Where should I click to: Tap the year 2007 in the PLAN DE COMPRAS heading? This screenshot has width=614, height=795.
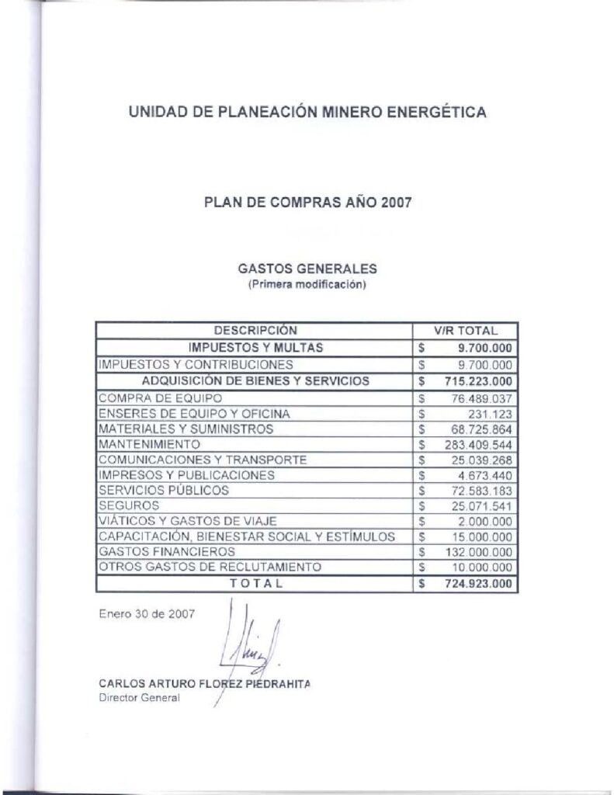click(x=396, y=203)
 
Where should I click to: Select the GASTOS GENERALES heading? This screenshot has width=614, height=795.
click(x=307, y=269)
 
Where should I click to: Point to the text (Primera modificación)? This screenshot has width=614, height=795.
click(x=307, y=284)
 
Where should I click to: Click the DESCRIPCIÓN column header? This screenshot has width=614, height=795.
click(x=255, y=331)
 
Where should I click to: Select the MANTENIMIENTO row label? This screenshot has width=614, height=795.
click(x=150, y=444)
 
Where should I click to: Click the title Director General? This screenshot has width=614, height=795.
click(x=139, y=698)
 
